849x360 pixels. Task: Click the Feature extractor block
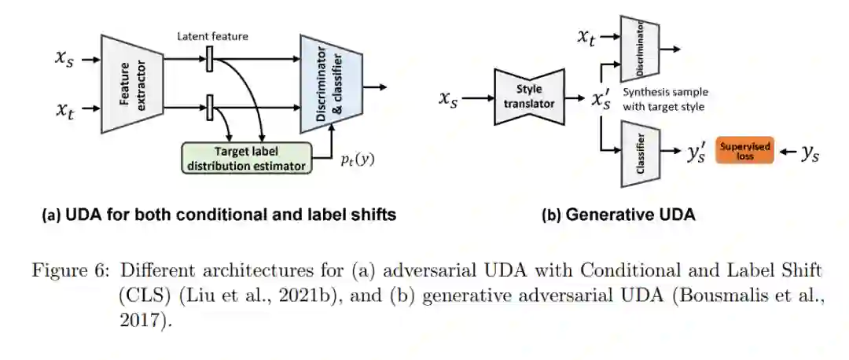click(x=132, y=83)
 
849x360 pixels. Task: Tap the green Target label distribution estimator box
click(x=245, y=157)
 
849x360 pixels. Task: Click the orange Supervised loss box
click(x=744, y=149)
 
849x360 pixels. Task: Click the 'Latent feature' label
click(x=211, y=35)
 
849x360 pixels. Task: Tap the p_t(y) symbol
click(x=358, y=160)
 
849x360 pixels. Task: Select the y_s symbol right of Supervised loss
click(x=809, y=154)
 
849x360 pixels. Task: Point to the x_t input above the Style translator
click(x=587, y=37)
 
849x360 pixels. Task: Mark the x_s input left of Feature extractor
click(x=66, y=60)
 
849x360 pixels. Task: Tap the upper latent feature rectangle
click(x=210, y=59)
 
